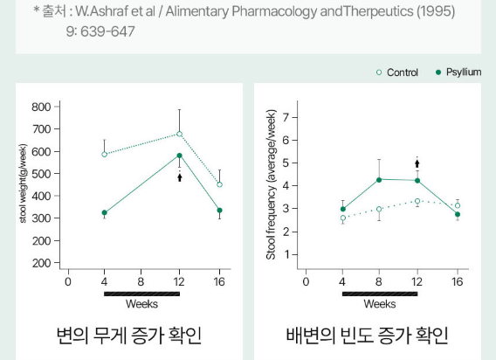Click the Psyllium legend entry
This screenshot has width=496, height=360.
point(458,73)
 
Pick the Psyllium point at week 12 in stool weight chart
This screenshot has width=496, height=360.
point(180,156)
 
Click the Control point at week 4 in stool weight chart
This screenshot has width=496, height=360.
point(104,155)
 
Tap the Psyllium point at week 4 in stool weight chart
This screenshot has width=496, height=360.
point(104,212)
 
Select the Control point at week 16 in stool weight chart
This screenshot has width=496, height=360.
point(219,184)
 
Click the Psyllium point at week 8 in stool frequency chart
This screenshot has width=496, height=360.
point(379,180)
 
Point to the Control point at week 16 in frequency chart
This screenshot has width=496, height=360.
point(458,205)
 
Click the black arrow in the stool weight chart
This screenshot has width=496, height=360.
point(180,177)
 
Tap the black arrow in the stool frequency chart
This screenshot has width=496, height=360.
point(417,163)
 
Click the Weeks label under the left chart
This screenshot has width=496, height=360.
point(141,304)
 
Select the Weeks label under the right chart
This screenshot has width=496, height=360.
point(379,304)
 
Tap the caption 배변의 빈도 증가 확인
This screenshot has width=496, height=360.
point(367,336)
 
